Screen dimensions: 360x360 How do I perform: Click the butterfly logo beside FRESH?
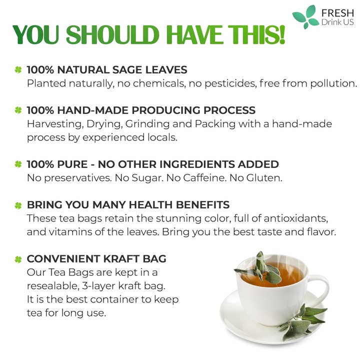tap(305, 16)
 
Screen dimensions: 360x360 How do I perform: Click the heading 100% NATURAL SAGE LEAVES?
tap(107, 70)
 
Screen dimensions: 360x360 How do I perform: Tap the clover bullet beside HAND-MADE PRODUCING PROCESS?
tap(18, 110)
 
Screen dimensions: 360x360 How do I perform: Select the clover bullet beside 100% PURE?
tap(18, 164)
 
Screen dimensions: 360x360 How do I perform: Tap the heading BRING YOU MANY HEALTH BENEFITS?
tap(128, 205)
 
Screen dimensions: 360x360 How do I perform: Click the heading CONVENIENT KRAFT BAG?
tap(96, 259)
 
